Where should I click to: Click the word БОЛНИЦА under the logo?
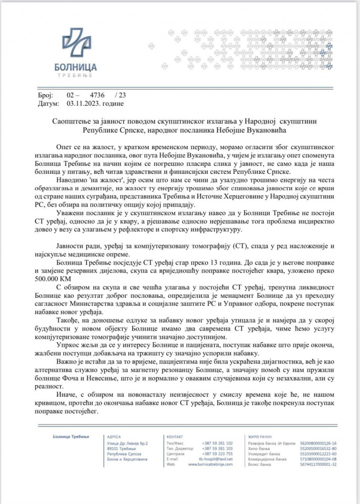(x=76, y=67)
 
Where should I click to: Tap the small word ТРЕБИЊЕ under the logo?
(x=76, y=75)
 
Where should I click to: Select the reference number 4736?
(x=97, y=95)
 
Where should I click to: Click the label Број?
(x=45, y=95)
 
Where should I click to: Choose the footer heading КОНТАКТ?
(x=173, y=436)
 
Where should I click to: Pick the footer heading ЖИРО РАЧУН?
(x=260, y=436)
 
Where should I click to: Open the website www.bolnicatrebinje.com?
(x=211, y=464)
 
